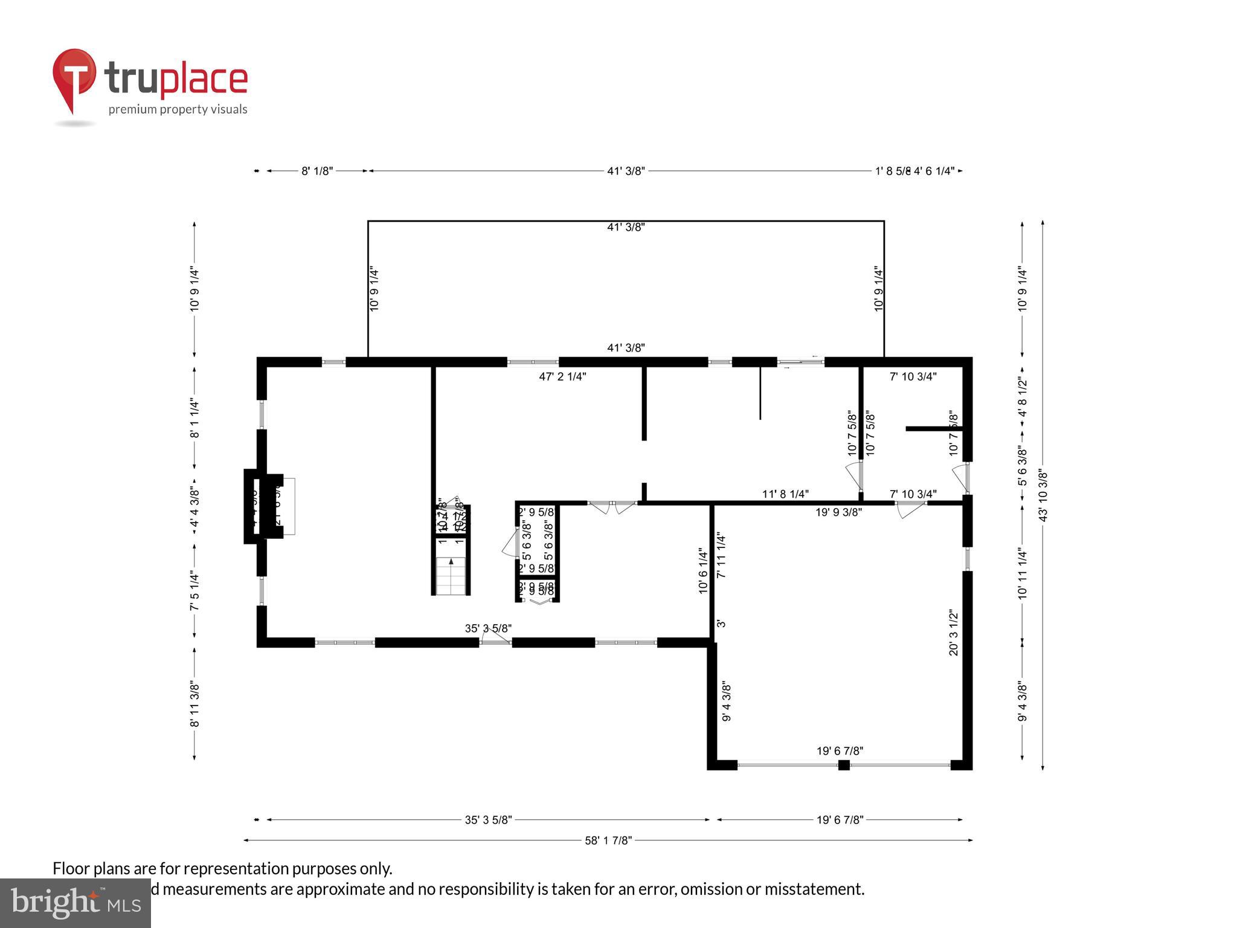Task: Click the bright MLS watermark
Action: [76, 903]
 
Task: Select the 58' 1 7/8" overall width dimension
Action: [608, 840]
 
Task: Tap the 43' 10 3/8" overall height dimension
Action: [1043, 495]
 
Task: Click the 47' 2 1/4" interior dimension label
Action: [562, 377]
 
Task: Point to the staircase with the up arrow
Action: [451, 575]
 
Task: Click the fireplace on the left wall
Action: [264, 506]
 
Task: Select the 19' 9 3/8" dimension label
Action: [838, 512]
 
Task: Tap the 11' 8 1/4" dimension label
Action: [785, 494]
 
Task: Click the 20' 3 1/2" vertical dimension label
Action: [954, 633]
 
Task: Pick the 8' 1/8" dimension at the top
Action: [317, 171]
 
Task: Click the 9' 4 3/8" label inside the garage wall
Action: [727, 702]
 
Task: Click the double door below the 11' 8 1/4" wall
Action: [612, 507]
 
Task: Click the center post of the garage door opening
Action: [844, 765]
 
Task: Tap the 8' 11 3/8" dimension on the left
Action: [194, 704]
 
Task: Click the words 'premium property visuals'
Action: [178, 109]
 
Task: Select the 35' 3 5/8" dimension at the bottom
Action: [488, 820]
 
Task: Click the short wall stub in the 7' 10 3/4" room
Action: [933, 428]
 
